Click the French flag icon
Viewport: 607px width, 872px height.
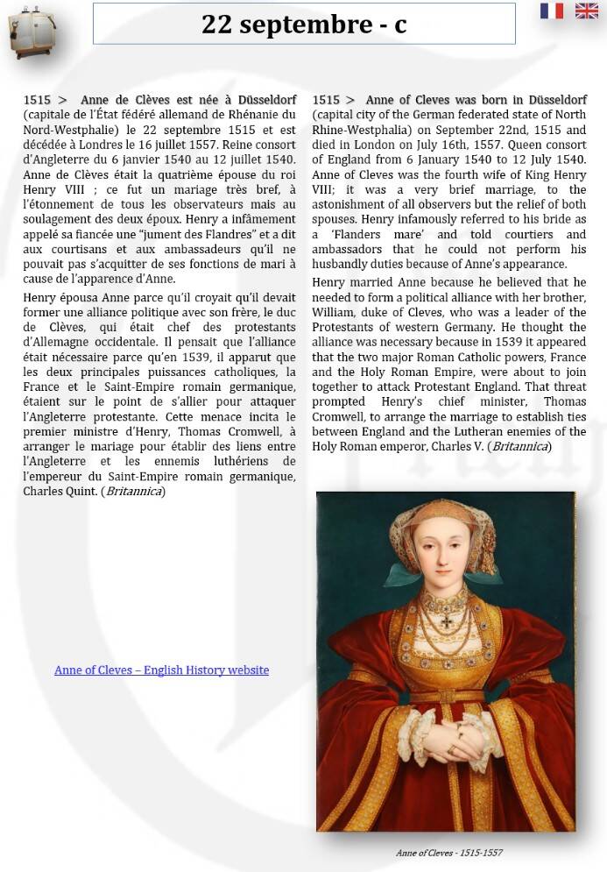552,11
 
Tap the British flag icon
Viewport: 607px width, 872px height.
587,11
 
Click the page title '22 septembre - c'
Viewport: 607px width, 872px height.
304,24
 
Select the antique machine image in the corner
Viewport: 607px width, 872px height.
31,32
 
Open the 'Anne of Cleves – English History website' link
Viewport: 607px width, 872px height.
161,670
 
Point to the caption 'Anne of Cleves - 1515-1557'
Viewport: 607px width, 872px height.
448,853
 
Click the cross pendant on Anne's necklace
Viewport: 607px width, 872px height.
447,621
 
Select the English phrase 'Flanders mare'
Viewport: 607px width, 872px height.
363,235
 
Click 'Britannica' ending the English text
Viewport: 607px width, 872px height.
520,446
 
